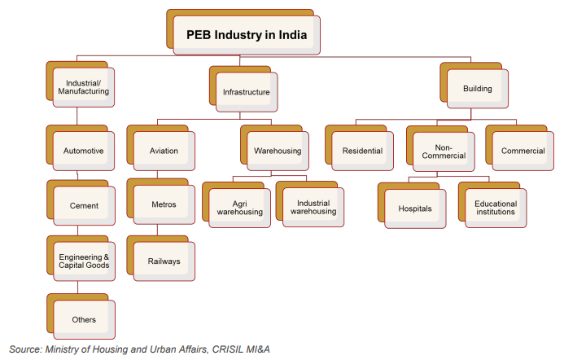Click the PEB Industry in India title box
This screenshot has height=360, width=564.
(x=247, y=35)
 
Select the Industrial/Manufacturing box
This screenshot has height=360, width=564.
(x=83, y=86)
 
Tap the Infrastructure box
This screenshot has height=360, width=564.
(x=246, y=93)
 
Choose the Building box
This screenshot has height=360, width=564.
(x=478, y=87)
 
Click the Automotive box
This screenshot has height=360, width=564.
(x=83, y=151)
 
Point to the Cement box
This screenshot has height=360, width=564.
(x=83, y=205)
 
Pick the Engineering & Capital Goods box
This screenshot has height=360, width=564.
(x=83, y=261)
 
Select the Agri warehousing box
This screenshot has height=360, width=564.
(x=239, y=207)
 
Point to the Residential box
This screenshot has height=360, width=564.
(x=362, y=151)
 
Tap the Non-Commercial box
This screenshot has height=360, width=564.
(x=444, y=151)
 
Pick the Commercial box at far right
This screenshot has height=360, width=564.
(x=522, y=151)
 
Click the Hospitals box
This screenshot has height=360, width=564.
(x=415, y=208)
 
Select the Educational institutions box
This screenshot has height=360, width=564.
(x=496, y=208)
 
